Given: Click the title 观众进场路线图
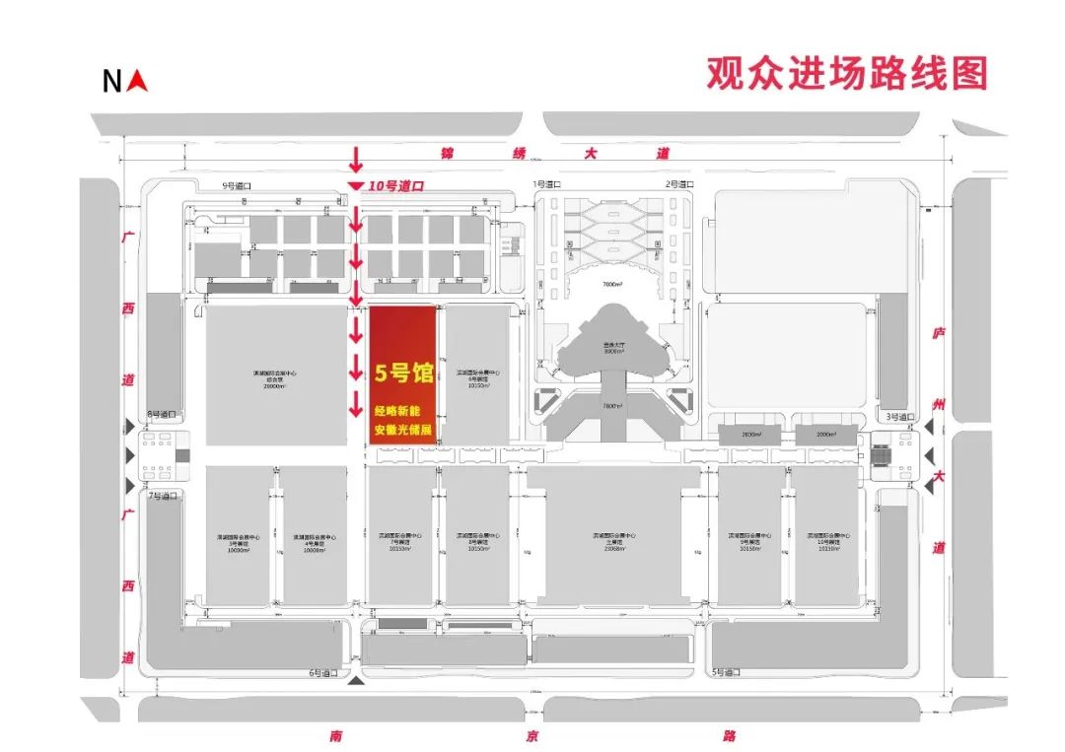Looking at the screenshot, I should pos(846,74).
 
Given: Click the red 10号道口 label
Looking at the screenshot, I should pos(395,185).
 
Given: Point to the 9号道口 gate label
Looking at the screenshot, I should pos(212,185).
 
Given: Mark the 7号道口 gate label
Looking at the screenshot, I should pos(161,496).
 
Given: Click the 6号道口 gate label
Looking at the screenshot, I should pos(323,673).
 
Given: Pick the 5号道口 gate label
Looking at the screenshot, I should pos(726,672).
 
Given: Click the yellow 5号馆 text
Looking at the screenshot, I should pos(404,373).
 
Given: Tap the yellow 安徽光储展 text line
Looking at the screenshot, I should pos(402,430).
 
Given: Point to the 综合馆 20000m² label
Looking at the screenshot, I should pos(274,379).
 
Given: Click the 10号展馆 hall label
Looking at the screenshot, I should pos(829,540).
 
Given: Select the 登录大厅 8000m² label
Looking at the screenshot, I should pos(614,348).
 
